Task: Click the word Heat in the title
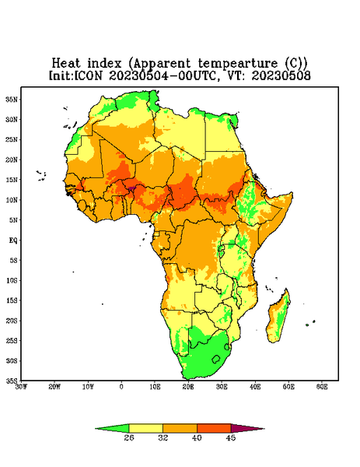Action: click(x=66, y=63)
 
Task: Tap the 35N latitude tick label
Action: click(x=12, y=100)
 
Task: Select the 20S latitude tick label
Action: click(x=12, y=321)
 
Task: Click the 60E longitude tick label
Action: click(x=322, y=387)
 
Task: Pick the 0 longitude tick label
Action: click(x=121, y=387)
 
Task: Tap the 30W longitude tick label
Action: click(x=21, y=387)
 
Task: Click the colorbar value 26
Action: click(x=129, y=437)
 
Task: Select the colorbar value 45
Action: click(x=231, y=437)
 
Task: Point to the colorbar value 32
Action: click(x=163, y=437)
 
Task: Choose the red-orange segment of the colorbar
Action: click(x=214, y=428)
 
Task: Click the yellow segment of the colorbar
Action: click(x=145, y=428)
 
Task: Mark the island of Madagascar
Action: click(x=278, y=318)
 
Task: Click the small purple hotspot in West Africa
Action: click(x=131, y=188)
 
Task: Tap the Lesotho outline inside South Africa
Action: click(x=216, y=359)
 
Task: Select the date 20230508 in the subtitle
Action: click(x=281, y=75)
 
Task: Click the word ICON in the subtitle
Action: click(x=88, y=75)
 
